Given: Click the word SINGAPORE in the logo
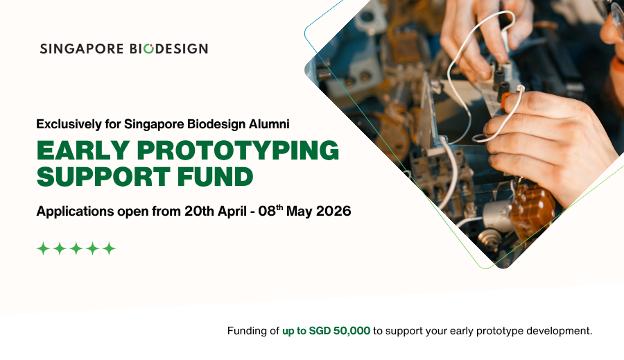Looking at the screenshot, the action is [82, 49].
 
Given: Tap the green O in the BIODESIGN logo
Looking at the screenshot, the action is [148, 48].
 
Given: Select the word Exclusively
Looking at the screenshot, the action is [69, 124].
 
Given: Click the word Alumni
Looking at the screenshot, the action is [269, 124].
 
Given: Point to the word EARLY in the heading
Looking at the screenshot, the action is [83, 150].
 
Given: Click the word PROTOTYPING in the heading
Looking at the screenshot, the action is [238, 150].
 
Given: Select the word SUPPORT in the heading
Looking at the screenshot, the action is [103, 176].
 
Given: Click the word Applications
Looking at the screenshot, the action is [75, 211].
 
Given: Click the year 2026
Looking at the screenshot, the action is [333, 211].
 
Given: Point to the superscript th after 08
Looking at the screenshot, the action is [279, 207].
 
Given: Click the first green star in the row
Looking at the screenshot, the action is [43, 248].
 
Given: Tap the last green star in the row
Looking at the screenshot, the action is [109, 248].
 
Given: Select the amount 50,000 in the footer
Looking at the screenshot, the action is [352, 331].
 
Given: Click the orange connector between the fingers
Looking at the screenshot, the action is [506, 101].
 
